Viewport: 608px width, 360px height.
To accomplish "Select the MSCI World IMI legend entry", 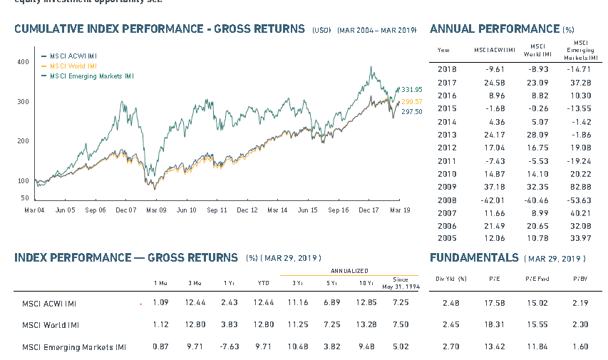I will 73,66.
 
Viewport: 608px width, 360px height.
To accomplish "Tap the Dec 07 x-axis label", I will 125,210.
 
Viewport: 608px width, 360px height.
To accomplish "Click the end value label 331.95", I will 412,89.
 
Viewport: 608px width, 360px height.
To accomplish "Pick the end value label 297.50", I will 412,112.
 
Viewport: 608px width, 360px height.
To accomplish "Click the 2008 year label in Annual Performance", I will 447,200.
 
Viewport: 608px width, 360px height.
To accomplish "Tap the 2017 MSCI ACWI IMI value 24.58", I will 494,83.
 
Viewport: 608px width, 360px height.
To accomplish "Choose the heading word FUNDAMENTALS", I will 475,257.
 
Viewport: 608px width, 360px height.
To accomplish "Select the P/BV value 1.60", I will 580,347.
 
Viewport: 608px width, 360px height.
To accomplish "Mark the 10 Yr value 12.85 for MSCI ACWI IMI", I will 365,303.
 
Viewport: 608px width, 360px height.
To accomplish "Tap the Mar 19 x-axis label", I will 399,210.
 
